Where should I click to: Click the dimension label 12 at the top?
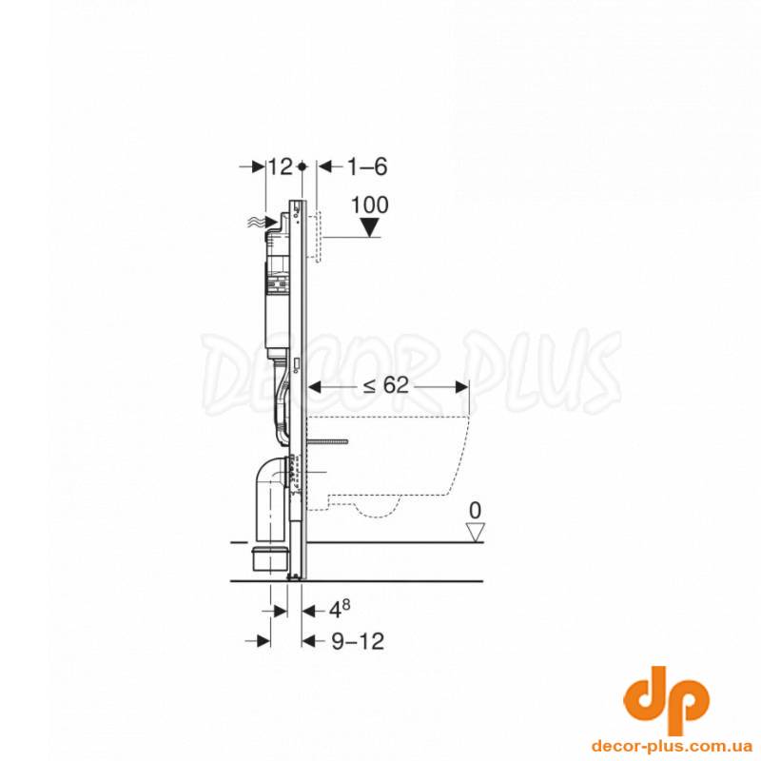(281, 167)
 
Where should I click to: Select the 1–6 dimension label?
(367, 167)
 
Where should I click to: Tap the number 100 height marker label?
(370, 205)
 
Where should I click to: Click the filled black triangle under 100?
(370, 227)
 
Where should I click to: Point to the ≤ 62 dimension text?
(387, 386)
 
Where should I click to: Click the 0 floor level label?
(475, 511)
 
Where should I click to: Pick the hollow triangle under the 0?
(475, 532)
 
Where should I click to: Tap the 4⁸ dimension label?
(340, 610)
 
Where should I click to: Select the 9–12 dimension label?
(359, 641)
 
